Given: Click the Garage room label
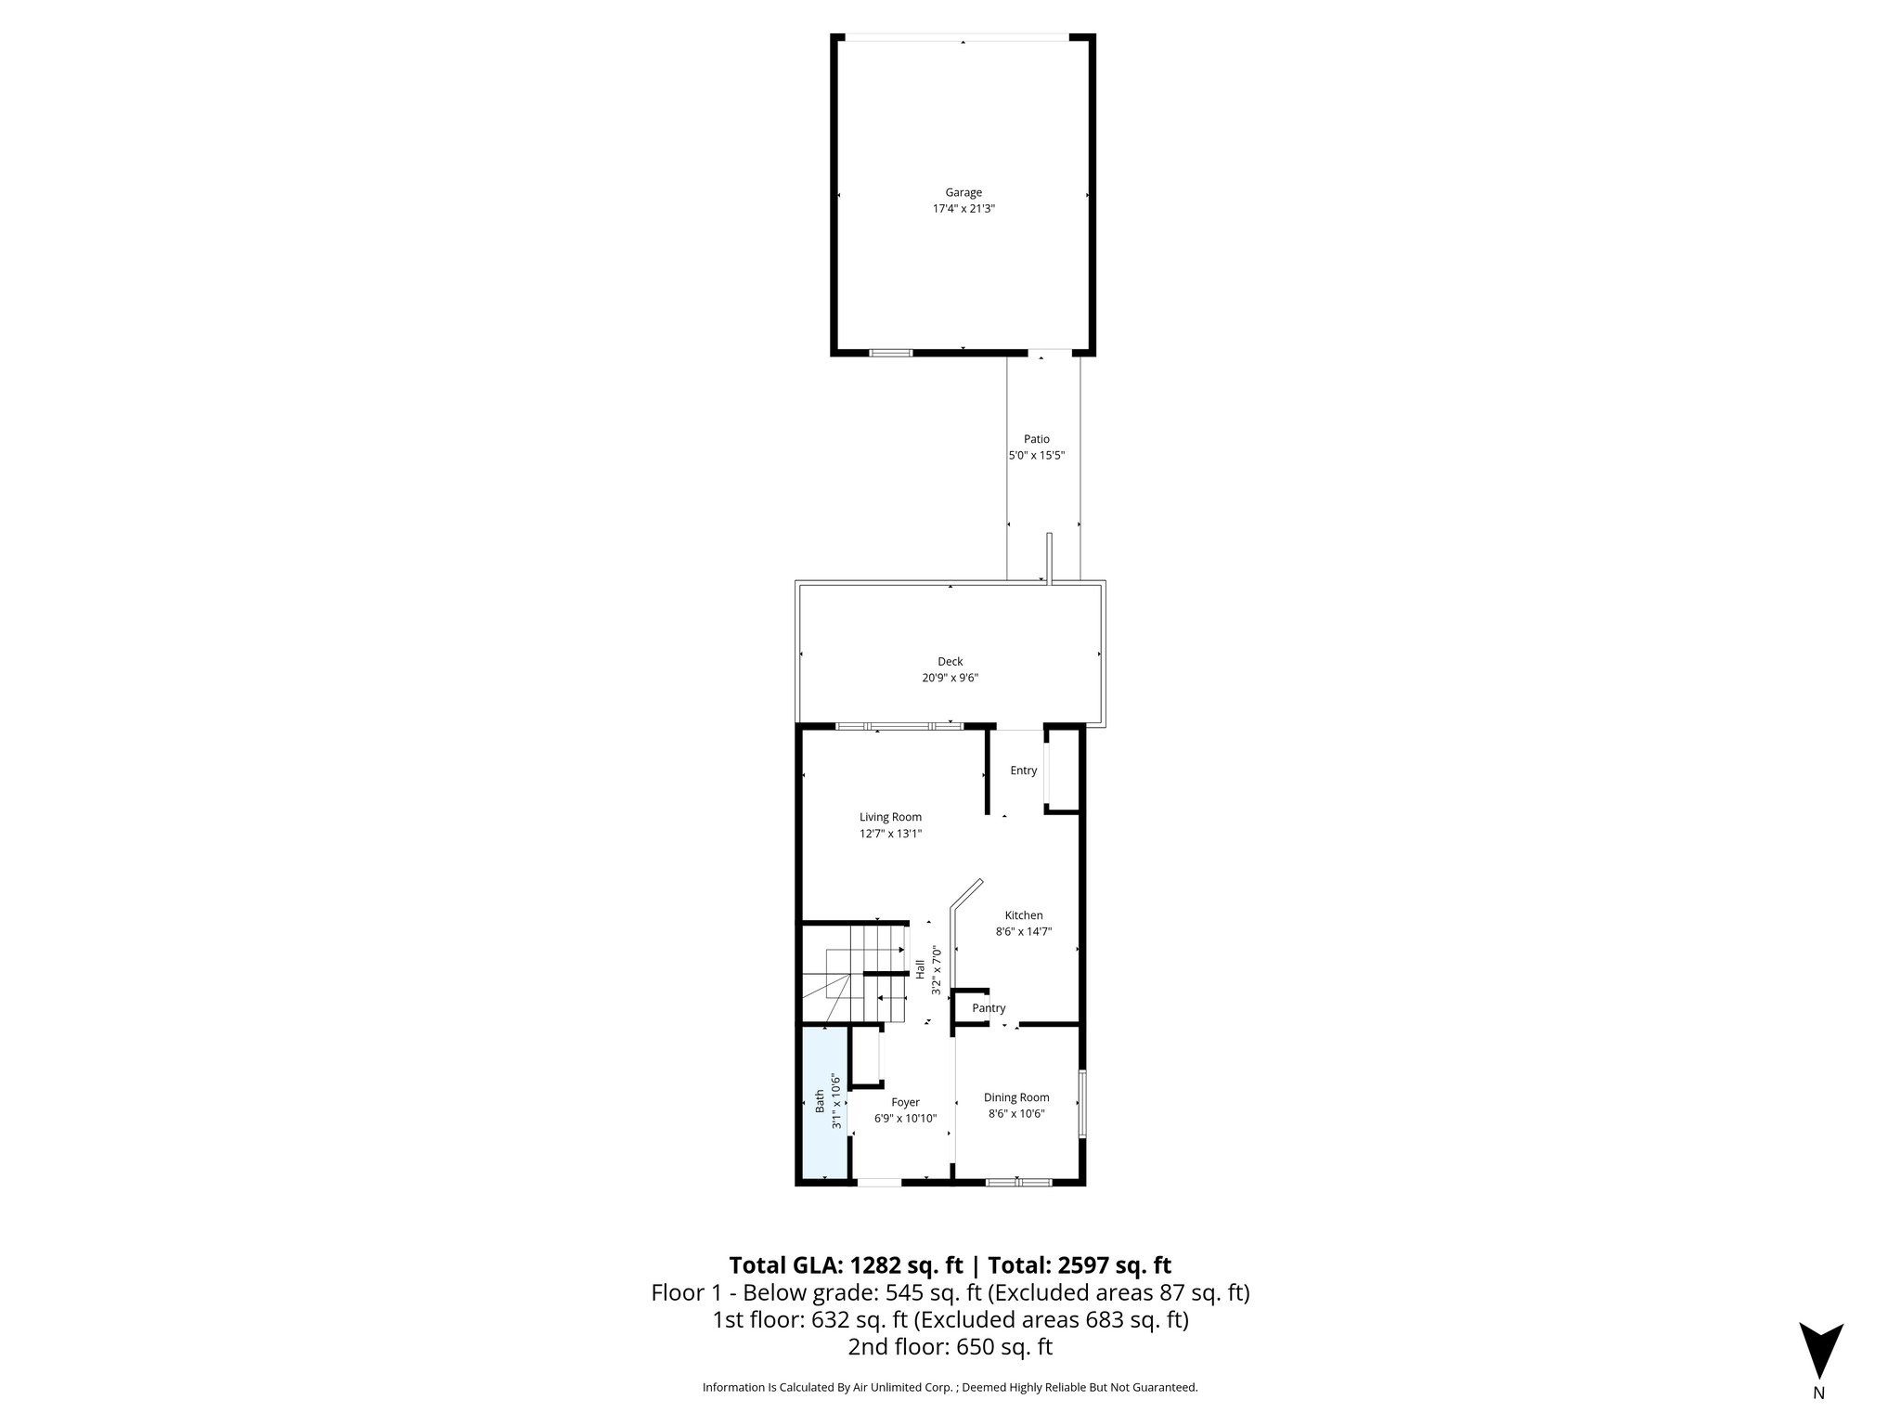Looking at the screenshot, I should pos(963,193).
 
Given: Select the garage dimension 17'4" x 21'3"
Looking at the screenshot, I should pos(963,209).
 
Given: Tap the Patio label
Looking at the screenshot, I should pos(1036,439).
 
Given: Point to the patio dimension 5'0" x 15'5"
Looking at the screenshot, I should pos(1036,456).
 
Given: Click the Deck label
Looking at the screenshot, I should pos(950,662).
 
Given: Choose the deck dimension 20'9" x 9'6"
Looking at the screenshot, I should pos(950,678).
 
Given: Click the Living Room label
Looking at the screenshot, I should pos(890,817).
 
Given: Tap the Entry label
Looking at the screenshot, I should pos(1023,771).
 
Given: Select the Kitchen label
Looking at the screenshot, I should pos(1023,915).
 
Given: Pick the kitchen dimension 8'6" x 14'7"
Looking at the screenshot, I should pos(1023,931).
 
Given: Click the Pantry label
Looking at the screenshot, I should pos(989,1008).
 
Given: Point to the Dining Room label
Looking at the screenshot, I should pos(1016,1097).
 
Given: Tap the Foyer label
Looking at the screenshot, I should pos(905,1103).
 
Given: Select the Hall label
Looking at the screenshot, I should pos(920,969).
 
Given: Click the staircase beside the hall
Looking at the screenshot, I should pos(854,975).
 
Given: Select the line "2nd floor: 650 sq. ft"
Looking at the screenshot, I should pos(950,1346).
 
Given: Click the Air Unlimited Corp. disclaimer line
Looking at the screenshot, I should pos(950,1387).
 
